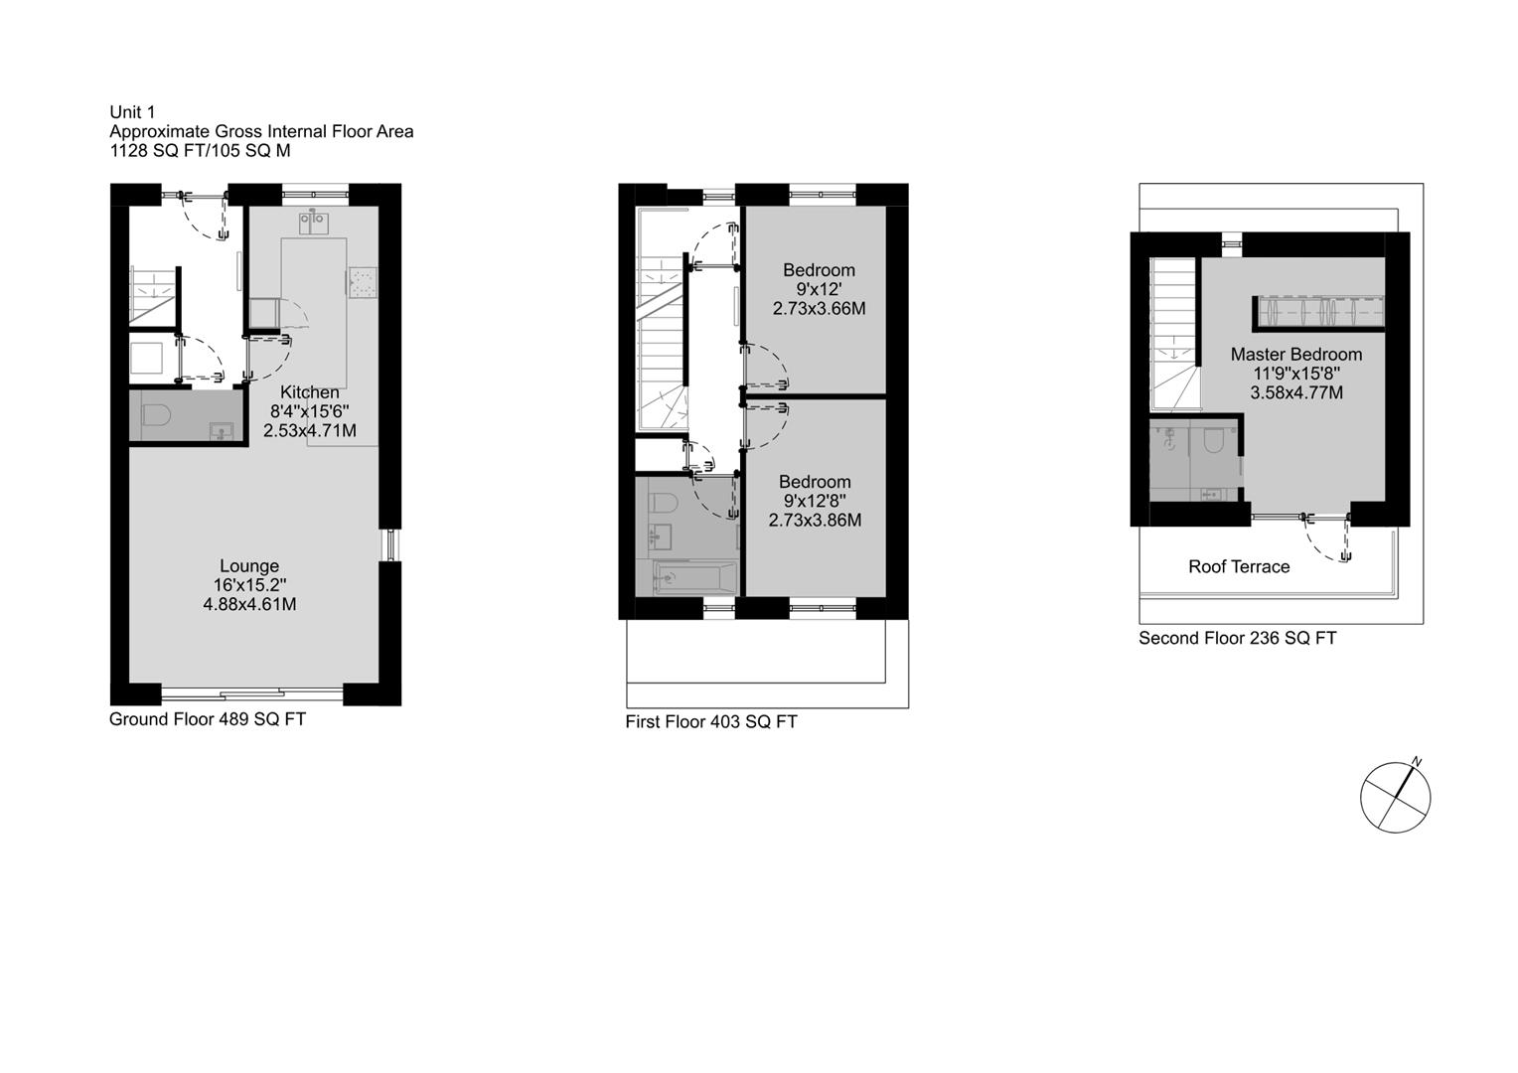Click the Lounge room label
tap(249, 566)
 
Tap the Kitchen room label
tap(310, 392)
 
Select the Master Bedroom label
tap(1296, 355)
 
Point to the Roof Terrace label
tap(1239, 566)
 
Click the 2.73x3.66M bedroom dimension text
tap(820, 308)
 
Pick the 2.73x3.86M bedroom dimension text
tap(816, 520)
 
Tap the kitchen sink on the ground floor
tap(314, 222)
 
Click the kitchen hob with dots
tap(363, 282)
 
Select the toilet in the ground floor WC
tap(156, 414)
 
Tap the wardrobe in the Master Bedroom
tap(1318, 313)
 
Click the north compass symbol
tap(1396, 797)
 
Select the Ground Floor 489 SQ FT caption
tap(208, 719)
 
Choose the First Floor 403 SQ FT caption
tap(711, 722)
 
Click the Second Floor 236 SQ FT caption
tap(1238, 638)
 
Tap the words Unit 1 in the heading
tap(132, 112)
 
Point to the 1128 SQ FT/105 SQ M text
tap(201, 150)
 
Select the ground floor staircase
tap(154, 297)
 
